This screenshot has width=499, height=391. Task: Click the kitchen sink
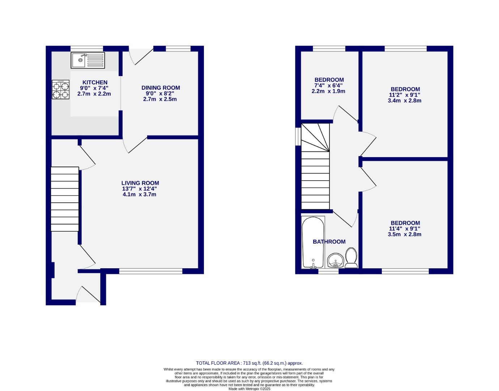click(x=88, y=60)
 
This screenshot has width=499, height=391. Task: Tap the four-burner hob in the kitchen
click(x=61, y=90)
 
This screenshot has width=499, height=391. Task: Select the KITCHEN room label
click(x=95, y=83)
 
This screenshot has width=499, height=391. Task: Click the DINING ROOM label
click(x=161, y=88)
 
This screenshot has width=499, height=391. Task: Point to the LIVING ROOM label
click(x=140, y=183)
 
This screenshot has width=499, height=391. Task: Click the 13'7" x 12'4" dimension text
click(x=140, y=189)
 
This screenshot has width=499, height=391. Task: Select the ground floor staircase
click(x=65, y=199)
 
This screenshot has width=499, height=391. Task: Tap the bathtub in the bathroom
click(x=313, y=242)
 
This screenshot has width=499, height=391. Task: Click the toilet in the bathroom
click(x=351, y=258)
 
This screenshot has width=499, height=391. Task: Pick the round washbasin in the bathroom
click(x=335, y=260)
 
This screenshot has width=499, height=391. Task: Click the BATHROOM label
click(x=329, y=242)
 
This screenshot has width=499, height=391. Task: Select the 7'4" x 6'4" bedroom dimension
click(x=328, y=85)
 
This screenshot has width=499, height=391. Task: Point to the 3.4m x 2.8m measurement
click(x=405, y=101)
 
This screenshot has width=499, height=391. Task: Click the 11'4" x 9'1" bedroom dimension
click(x=405, y=229)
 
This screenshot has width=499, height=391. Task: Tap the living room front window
click(x=151, y=270)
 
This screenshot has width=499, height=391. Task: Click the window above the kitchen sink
click(x=87, y=49)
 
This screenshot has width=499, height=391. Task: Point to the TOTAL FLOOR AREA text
click(x=249, y=363)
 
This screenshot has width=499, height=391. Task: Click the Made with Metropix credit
click(x=249, y=389)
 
